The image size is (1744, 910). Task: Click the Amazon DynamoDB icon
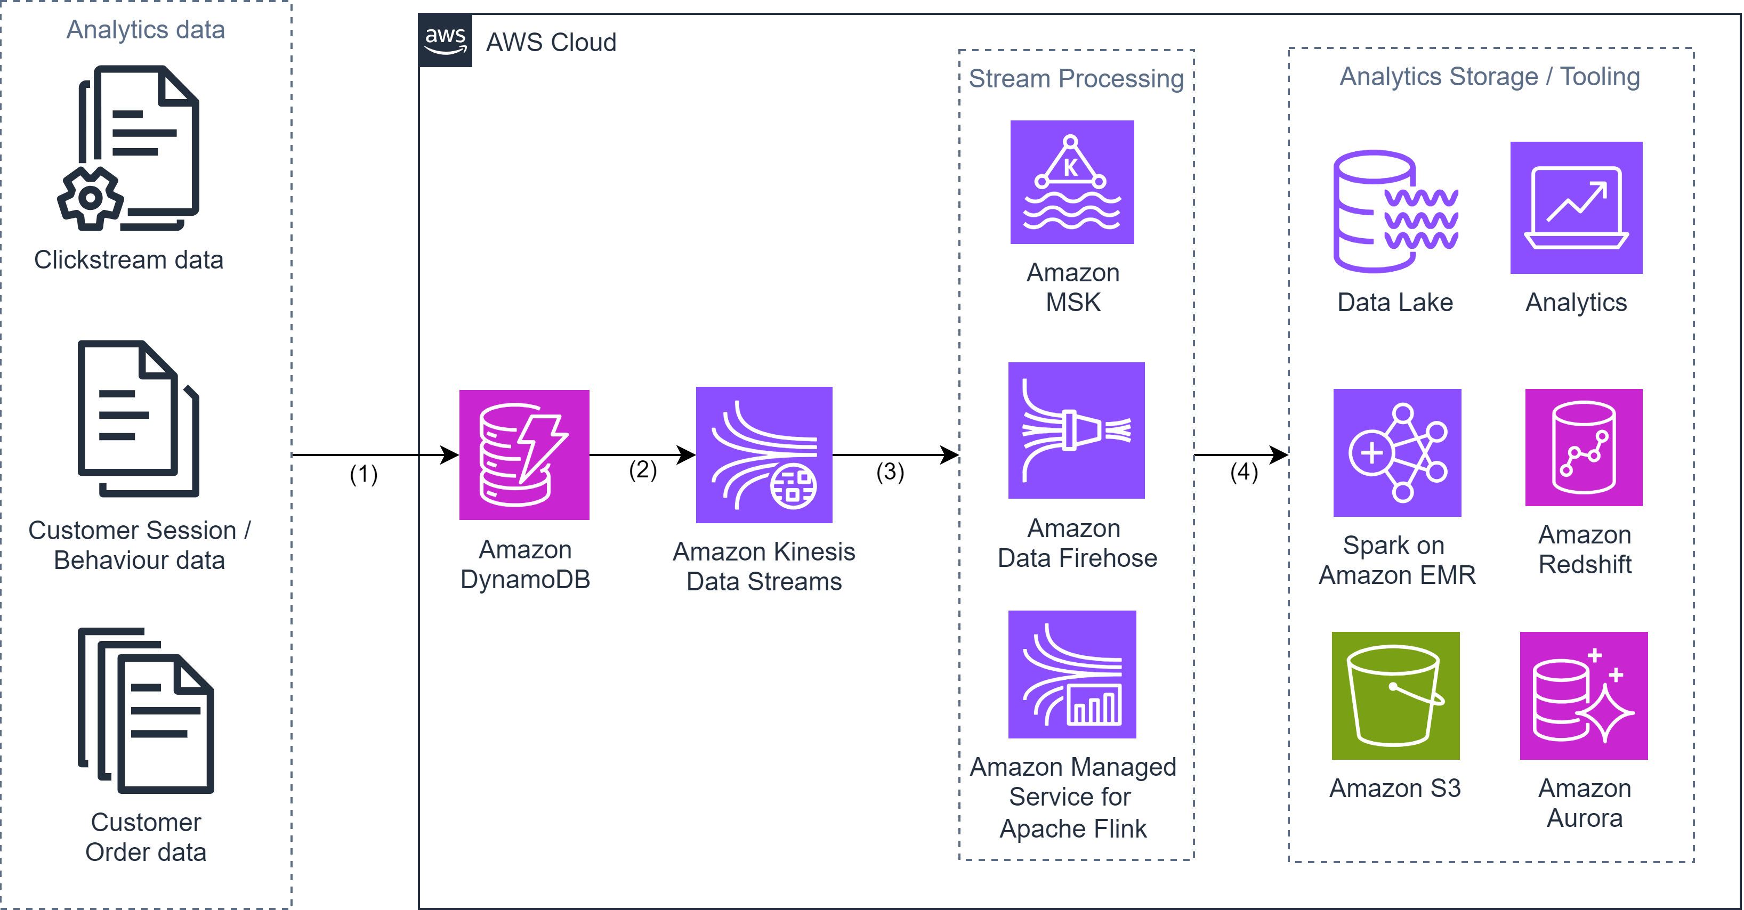[524, 454]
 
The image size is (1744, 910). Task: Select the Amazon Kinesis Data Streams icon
[764, 454]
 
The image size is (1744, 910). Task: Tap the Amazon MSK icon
[1072, 182]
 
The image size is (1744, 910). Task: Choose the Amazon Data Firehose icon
[1076, 430]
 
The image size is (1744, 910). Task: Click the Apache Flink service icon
[1072, 674]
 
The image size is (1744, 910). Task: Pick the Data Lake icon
[1395, 211]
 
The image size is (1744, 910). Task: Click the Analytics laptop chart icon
[1576, 208]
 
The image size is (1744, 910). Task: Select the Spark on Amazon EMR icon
[1396, 453]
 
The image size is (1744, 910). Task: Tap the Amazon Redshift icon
[1583, 447]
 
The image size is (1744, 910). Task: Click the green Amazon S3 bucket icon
[1395, 695]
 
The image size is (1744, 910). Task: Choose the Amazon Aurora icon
[1583, 695]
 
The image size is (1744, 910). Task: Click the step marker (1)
[363, 474]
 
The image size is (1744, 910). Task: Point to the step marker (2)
[642, 469]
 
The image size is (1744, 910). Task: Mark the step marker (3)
[889, 471]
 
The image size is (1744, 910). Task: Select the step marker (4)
[1243, 471]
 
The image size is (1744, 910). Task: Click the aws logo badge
[445, 40]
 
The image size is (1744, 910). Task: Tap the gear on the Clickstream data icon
[90, 198]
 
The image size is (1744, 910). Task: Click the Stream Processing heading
[1076, 78]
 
